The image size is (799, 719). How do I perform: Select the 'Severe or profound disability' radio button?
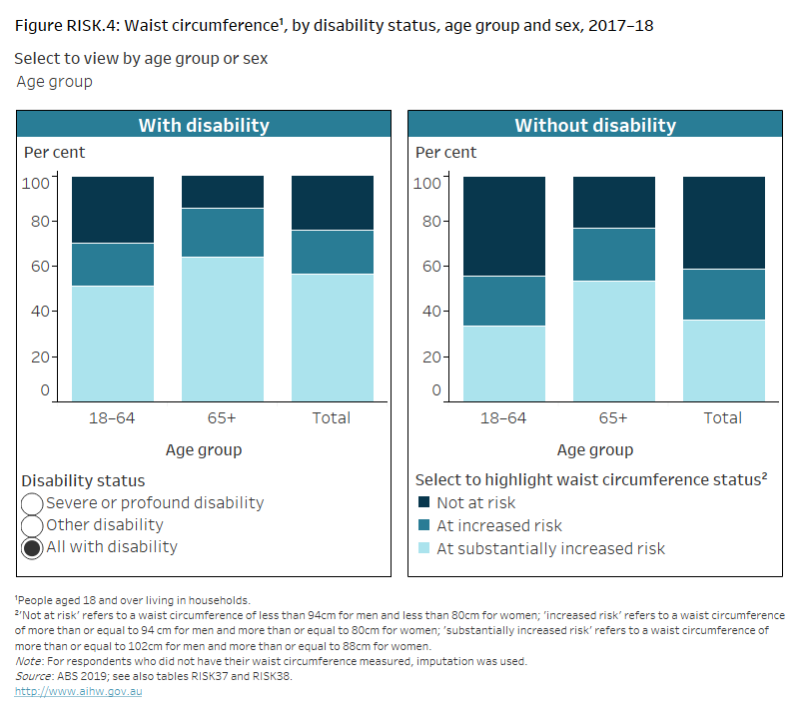pyautogui.click(x=32, y=503)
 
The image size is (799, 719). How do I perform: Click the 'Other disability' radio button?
pyautogui.click(x=32, y=525)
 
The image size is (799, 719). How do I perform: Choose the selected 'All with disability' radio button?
pyautogui.click(x=32, y=547)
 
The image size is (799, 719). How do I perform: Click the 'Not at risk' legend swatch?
pyautogui.click(x=423, y=503)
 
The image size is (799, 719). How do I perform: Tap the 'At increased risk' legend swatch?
pyautogui.click(x=423, y=525)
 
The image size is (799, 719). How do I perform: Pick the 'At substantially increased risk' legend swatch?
pyautogui.click(x=423, y=548)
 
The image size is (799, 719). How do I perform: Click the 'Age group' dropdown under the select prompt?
pyautogui.click(x=55, y=82)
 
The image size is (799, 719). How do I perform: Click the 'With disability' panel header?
pyautogui.click(x=203, y=125)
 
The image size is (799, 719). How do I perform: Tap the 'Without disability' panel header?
pyautogui.click(x=594, y=125)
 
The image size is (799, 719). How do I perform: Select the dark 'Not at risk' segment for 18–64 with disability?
pyautogui.click(x=112, y=210)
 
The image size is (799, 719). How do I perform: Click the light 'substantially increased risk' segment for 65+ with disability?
pyautogui.click(x=222, y=330)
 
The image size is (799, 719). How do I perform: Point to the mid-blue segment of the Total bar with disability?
pyautogui.click(x=332, y=252)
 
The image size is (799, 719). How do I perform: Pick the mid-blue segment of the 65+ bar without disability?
pyautogui.click(x=613, y=255)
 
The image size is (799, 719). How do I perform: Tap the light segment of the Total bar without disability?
pyautogui.click(x=723, y=360)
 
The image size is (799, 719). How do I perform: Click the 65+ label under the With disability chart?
pyautogui.click(x=222, y=417)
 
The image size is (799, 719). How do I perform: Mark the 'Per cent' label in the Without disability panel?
pyautogui.click(x=446, y=153)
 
